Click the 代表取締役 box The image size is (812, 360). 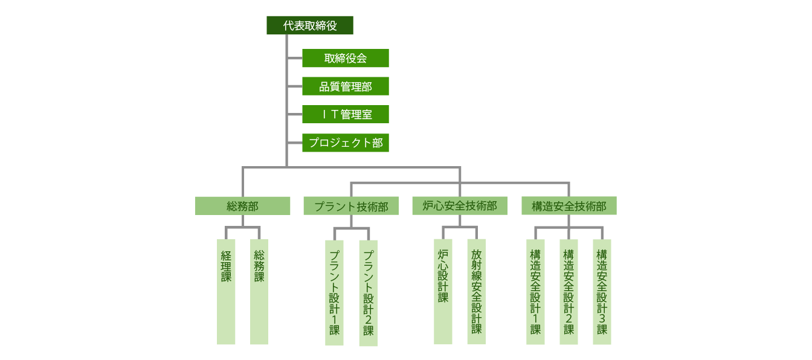[x=310, y=25]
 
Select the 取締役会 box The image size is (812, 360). [x=345, y=58]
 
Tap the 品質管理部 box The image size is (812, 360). [x=345, y=86]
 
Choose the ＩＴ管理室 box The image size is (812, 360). [x=345, y=114]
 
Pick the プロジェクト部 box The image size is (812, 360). [x=345, y=143]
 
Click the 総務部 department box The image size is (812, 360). [x=242, y=206]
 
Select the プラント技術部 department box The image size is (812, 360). [x=351, y=207]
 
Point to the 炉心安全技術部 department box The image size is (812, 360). [x=459, y=206]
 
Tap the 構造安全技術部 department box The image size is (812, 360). [x=569, y=206]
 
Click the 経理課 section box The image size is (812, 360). [x=226, y=292]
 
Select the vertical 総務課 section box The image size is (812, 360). [x=259, y=292]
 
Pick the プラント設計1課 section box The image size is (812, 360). [x=334, y=293]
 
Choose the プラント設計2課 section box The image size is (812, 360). [x=368, y=293]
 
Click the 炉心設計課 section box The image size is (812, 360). [x=443, y=292]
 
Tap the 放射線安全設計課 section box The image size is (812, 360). [x=476, y=292]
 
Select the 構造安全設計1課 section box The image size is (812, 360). [x=535, y=292]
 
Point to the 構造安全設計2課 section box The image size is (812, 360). [x=569, y=292]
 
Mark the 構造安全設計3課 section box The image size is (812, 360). [x=602, y=292]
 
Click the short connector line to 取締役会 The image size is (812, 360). [x=295, y=59]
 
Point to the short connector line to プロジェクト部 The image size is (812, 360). [x=295, y=143]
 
